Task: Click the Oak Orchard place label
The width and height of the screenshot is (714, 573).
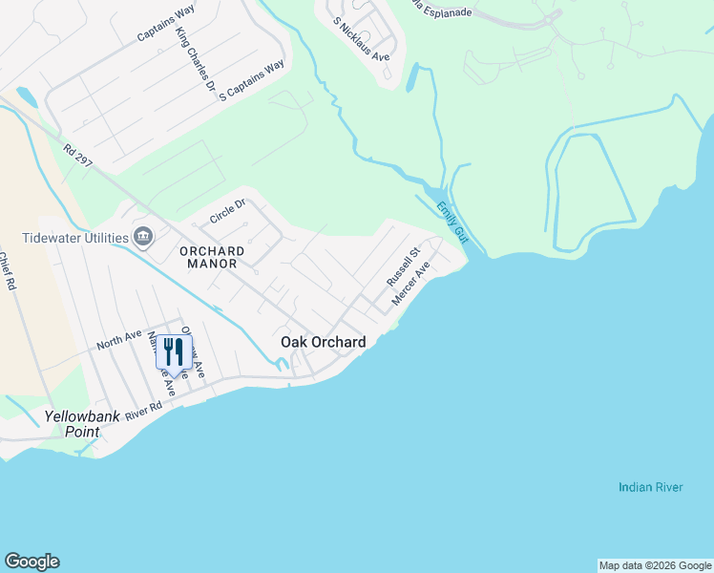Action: click(323, 342)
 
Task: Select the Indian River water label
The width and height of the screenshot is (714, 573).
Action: click(650, 487)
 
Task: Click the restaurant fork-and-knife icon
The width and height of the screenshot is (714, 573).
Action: click(174, 351)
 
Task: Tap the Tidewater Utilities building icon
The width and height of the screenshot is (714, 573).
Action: click(144, 236)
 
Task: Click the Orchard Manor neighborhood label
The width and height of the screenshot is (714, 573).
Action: click(212, 257)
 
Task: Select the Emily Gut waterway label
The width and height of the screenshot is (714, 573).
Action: click(450, 221)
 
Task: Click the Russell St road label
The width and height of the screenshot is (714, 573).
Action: click(403, 268)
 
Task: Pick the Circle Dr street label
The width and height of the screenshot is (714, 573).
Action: click(228, 209)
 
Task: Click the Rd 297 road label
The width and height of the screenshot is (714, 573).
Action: click(78, 157)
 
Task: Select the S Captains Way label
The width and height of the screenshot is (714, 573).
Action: click(252, 81)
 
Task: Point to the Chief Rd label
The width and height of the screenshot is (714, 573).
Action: click(10, 271)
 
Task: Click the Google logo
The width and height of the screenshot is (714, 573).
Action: click(31, 562)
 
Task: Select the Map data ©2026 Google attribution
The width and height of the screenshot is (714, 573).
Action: click(655, 565)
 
